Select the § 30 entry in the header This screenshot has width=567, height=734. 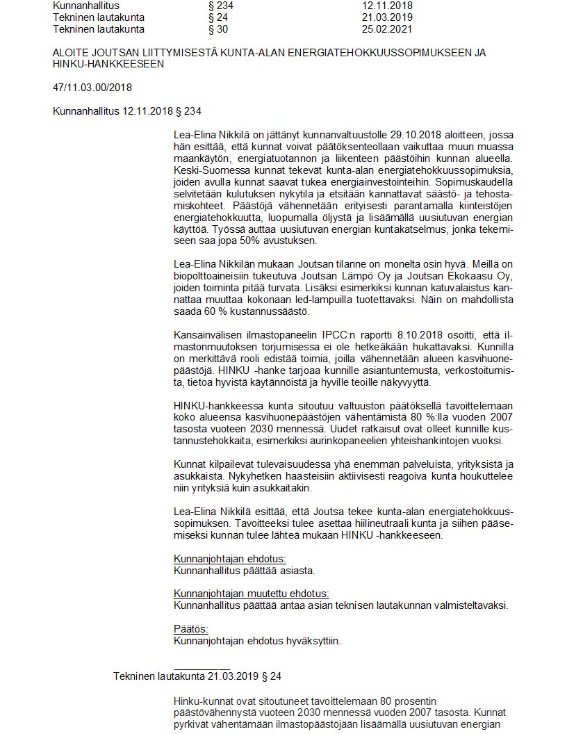(x=217, y=30)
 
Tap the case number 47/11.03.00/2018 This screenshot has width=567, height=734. (x=92, y=88)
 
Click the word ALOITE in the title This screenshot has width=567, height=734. (x=70, y=53)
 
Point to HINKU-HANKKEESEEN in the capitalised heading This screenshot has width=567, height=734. (x=108, y=64)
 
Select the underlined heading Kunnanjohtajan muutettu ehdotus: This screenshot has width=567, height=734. (x=251, y=593)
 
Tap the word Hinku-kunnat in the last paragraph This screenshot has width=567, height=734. (x=202, y=703)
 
